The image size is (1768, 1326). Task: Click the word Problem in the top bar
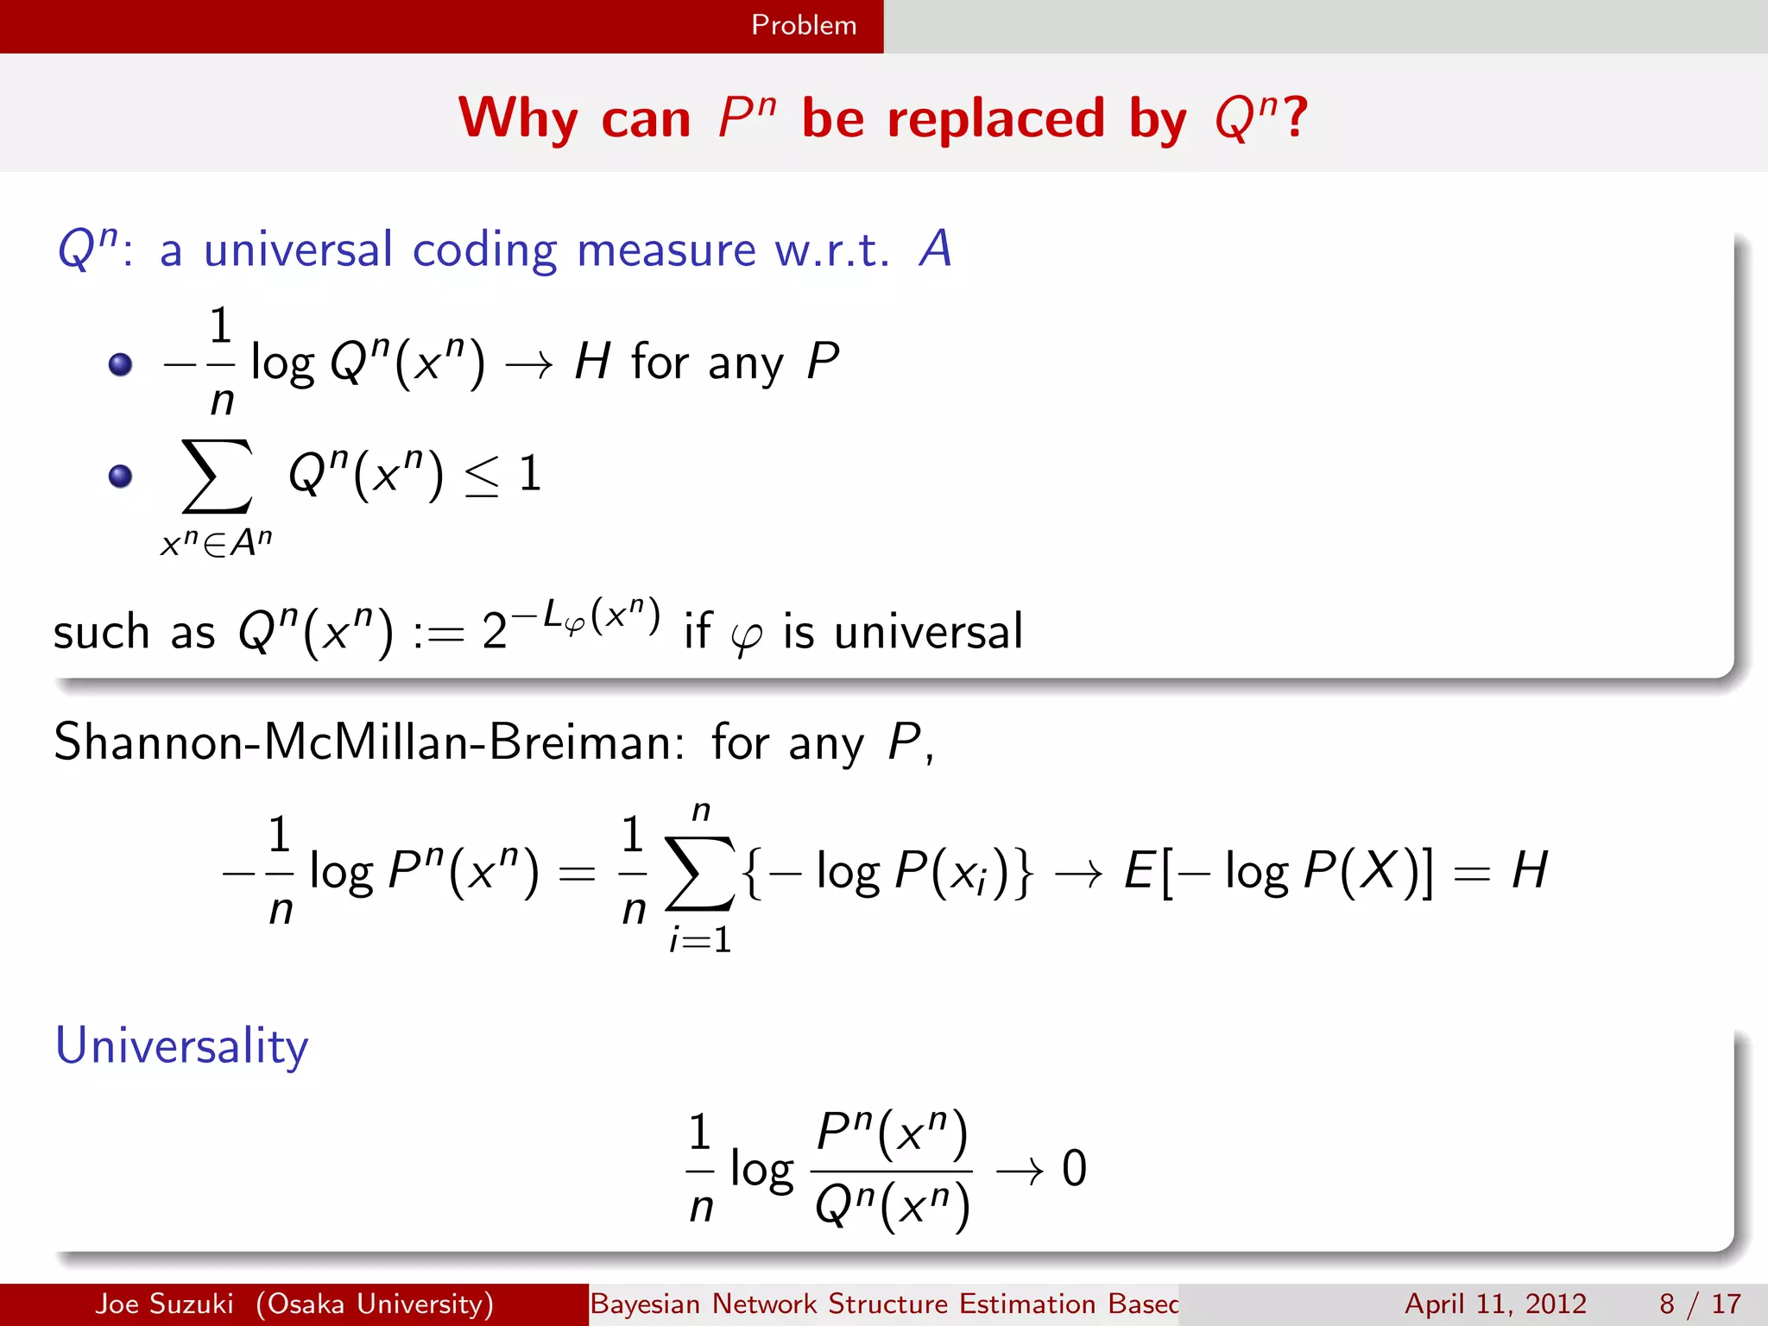(x=804, y=25)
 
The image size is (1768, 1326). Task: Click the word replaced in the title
(x=995, y=118)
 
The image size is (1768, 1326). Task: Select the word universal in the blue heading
(x=298, y=250)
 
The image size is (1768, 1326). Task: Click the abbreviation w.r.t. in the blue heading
(x=831, y=250)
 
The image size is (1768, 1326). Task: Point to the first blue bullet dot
(x=121, y=364)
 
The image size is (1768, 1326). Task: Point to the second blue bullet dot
(x=121, y=476)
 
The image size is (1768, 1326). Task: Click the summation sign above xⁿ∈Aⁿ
(x=218, y=477)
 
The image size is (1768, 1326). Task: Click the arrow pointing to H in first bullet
(x=529, y=365)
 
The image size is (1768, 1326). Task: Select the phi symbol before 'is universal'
(x=746, y=637)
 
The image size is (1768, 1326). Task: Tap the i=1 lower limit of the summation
(x=700, y=939)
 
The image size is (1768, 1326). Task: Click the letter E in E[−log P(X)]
(x=1139, y=870)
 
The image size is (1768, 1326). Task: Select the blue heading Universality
(x=181, y=1046)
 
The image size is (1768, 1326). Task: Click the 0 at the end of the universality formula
(x=1074, y=1169)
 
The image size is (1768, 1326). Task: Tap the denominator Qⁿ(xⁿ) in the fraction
(x=892, y=1206)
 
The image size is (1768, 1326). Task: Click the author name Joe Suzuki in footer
(x=164, y=1304)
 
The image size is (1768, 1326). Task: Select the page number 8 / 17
(x=1699, y=1304)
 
